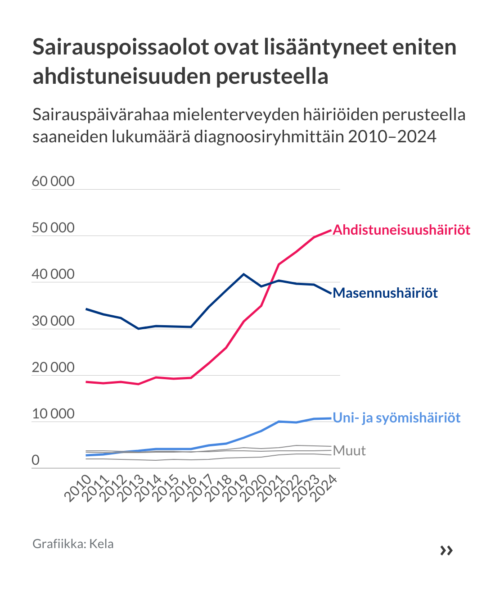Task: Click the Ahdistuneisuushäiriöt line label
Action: click(x=401, y=230)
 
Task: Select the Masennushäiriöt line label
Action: click(x=385, y=293)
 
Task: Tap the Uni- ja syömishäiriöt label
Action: click(x=396, y=418)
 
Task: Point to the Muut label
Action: click(x=350, y=451)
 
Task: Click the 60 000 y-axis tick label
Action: click(x=53, y=181)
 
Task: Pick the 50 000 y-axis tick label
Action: click(x=53, y=228)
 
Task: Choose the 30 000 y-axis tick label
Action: click(x=53, y=321)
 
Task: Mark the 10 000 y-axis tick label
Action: click(x=53, y=414)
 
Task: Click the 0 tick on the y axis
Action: click(x=36, y=461)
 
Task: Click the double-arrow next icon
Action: click(x=446, y=550)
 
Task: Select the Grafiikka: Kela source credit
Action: click(x=73, y=544)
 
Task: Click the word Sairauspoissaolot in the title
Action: click(x=121, y=47)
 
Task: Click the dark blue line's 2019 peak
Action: click(x=244, y=274)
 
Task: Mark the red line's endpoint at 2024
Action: click(x=331, y=230)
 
